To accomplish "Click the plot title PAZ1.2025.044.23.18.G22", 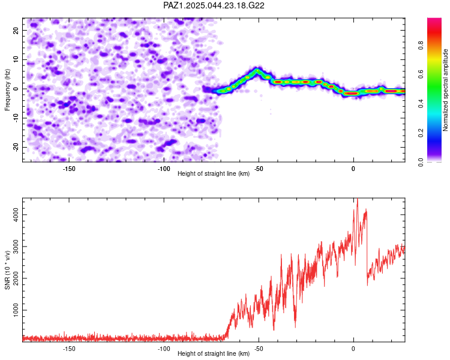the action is pyautogui.click(x=214, y=5).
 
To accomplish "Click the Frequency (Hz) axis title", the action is pyautogui.click(x=7, y=90).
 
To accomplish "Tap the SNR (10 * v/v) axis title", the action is pyautogui.click(x=7, y=270).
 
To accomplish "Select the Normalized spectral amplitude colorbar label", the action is pyautogui.click(x=445, y=90).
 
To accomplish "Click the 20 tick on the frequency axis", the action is pyautogui.click(x=16, y=30).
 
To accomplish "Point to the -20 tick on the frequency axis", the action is pyautogui.click(x=16, y=147).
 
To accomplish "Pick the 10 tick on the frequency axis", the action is pyautogui.click(x=16, y=59).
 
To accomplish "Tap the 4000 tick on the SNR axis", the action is pyautogui.click(x=16, y=214).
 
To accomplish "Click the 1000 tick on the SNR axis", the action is pyautogui.click(x=16, y=310).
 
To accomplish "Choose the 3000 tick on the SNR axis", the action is pyautogui.click(x=16, y=247).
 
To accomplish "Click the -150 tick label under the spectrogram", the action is pyautogui.click(x=69, y=169).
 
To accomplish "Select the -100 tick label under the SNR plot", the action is pyautogui.click(x=164, y=349).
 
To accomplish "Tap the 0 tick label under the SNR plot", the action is pyautogui.click(x=353, y=349).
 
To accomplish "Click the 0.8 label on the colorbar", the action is pyautogui.click(x=421, y=45).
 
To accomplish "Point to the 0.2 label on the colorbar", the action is pyautogui.click(x=421, y=133).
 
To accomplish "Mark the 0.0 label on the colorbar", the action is pyautogui.click(x=421, y=162).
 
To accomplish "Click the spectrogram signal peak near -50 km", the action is pyautogui.click(x=257, y=70).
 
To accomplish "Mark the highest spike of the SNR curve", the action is pyautogui.click(x=358, y=199).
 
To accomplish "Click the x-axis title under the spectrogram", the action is pyautogui.click(x=214, y=173).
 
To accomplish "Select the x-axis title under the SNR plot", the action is pyautogui.click(x=214, y=353).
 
